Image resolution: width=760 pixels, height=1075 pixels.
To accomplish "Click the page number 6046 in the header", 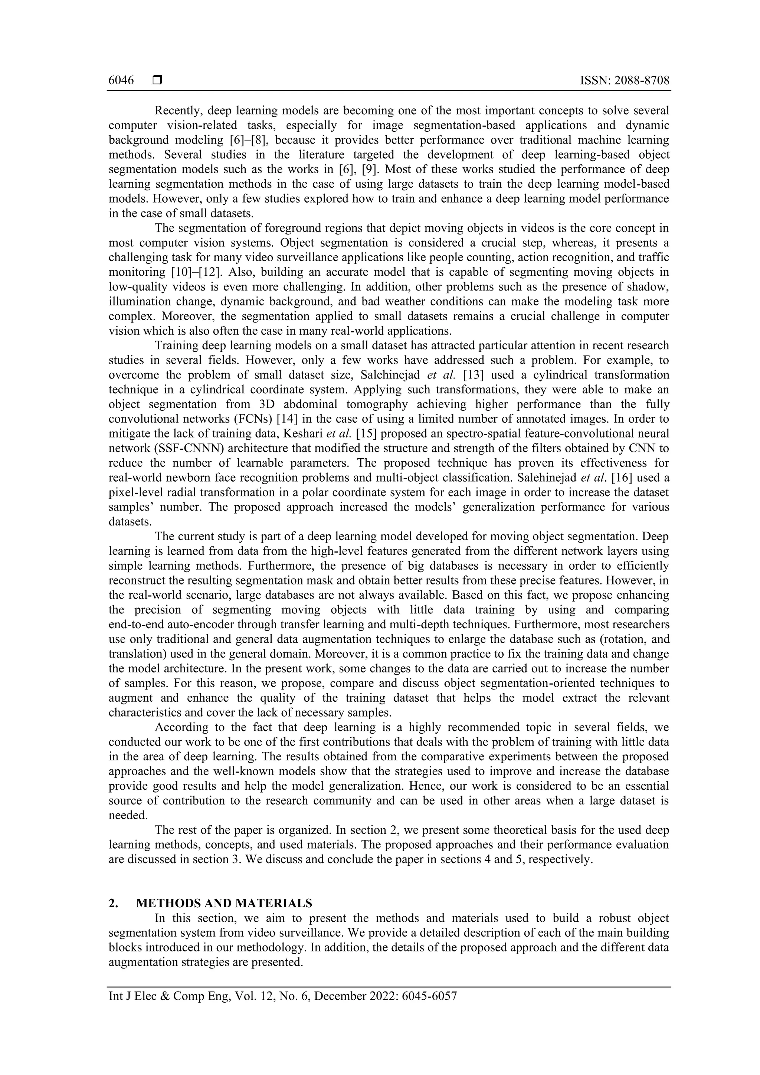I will coord(121,81).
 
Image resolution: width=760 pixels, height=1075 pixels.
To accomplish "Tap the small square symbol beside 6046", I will coord(157,81).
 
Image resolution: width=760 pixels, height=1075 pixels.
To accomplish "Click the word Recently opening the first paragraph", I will coord(177,111).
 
